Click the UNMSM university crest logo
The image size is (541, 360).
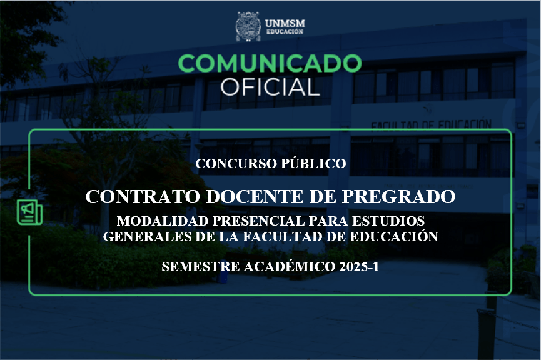(x=248, y=26)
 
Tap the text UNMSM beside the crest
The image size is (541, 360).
(x=285, y=24)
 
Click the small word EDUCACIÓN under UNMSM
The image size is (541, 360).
(x=285, y=32)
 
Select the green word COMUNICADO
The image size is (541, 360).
(x=270, y=63)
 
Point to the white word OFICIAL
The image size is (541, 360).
(x=270, y=86)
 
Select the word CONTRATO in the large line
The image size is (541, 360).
(x=143, y=196)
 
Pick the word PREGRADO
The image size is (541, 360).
(x=398, y=196)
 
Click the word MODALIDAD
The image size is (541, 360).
(x=163, y=221)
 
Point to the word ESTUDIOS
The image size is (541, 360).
(x=388, y=221)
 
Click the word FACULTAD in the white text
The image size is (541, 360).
(x=281, y=237)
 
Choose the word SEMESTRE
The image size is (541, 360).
(x=201, y=267)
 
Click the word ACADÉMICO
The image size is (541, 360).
(x=290, y=266)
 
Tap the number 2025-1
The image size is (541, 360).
(x=359, y=267)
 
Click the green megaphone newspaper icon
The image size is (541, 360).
(x=29, y=212)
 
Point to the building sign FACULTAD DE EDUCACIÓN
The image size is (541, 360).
(x=432, y=125)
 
